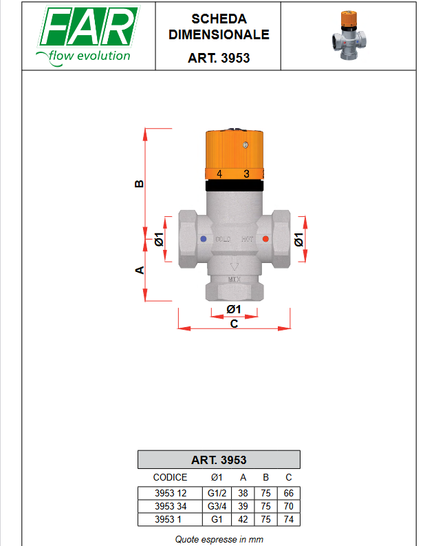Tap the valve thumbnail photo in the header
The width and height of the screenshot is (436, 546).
[x=357, y=34]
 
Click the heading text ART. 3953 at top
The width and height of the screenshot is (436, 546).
[x=219, y=59]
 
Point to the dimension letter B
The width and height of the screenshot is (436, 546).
[x=139, y=184]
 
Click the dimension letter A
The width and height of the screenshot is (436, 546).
[x=139, y=270]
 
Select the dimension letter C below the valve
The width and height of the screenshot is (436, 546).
[x=234, y=324]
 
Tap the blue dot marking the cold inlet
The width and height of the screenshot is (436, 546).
[x=203, y=240]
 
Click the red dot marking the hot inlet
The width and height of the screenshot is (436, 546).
[x=265, y=240]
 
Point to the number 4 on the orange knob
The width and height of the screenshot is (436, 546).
[x=219, y=174]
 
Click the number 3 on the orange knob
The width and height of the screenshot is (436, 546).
[x=247, y=174]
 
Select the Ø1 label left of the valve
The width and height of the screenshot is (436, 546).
[x=158, y=240]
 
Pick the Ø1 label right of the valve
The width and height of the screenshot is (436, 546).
[x=299, y=240]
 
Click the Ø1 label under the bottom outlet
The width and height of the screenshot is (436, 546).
[x=234, y=308]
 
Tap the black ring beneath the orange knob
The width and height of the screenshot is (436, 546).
[x=234, y=185]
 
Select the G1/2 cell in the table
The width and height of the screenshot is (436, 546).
[x=215, y=493]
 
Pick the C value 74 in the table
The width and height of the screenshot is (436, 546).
[x=289, y=519]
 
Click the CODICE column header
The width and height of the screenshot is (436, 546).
[x=170, y=477]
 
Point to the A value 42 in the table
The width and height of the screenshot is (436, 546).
[x=243, y=519]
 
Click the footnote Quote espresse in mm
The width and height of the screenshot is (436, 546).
[x=219, y=539]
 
